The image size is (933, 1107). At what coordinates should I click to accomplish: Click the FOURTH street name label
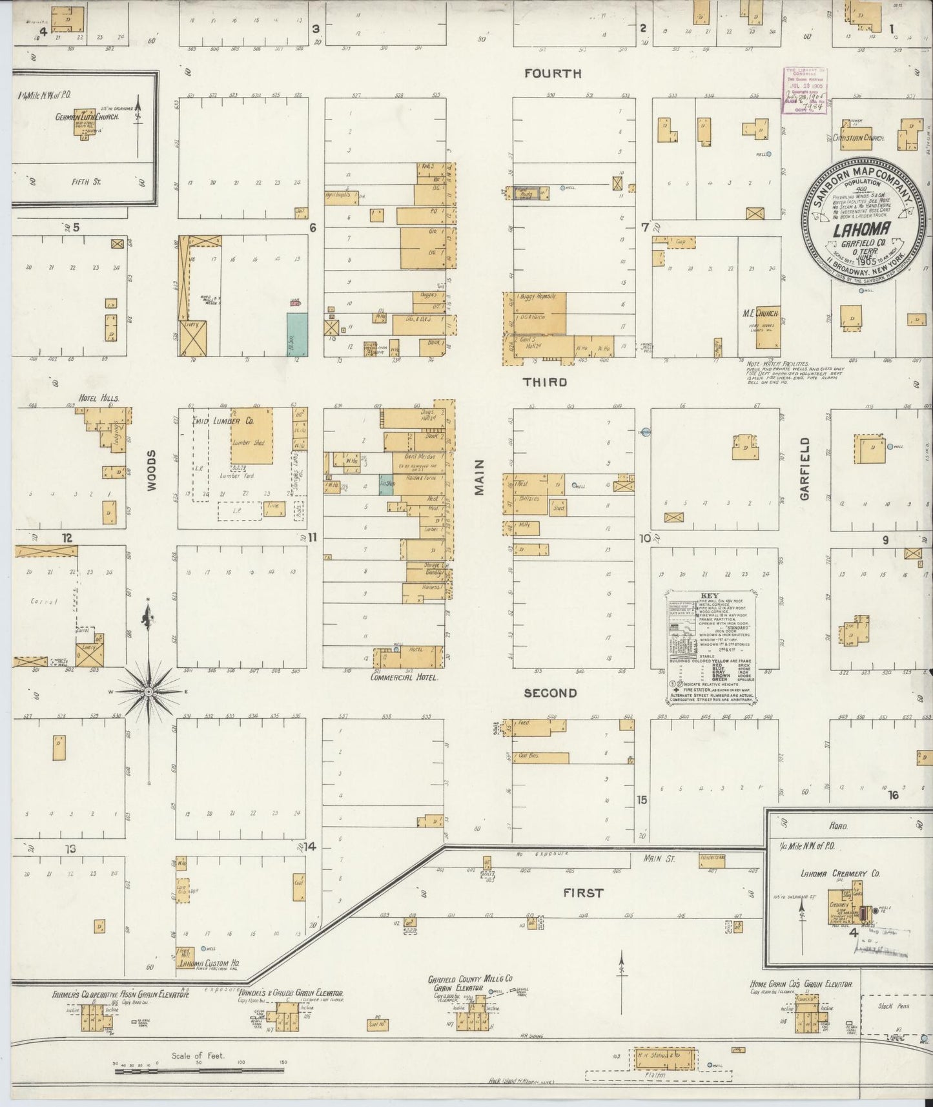(553, 74)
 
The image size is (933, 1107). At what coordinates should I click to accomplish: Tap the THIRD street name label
(545, 382)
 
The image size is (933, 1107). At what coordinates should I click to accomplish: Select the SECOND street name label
(550, 693)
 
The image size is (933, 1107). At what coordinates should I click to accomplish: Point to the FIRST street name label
(582, 893)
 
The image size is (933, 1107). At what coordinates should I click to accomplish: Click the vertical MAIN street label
(479, 481)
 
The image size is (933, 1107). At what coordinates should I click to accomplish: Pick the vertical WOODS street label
(151, 470)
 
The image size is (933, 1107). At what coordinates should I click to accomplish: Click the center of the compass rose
(149, 691)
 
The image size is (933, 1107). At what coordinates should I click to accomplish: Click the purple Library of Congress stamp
(805, 90)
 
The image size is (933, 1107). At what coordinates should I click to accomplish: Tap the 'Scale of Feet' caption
(198, 1056)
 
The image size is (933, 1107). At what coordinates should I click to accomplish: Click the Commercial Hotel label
(404, 678)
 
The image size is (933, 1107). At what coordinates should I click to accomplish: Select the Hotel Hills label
(98, 398)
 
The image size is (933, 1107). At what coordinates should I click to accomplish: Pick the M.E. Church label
(761, 313)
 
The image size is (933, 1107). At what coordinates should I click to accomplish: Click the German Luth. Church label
(84, 117)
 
